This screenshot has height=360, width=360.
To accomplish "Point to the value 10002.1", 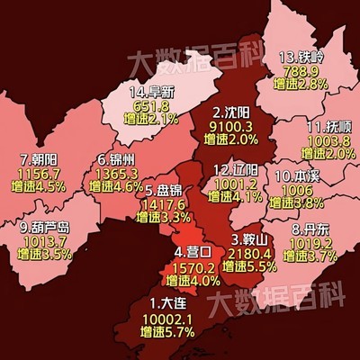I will point(168,318).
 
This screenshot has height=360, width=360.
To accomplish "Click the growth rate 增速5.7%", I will point(168,331).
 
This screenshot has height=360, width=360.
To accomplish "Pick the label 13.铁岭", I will point(301,56).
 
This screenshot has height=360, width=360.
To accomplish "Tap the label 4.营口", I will point(193,253).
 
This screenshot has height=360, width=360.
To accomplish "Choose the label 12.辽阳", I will point(239,168).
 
